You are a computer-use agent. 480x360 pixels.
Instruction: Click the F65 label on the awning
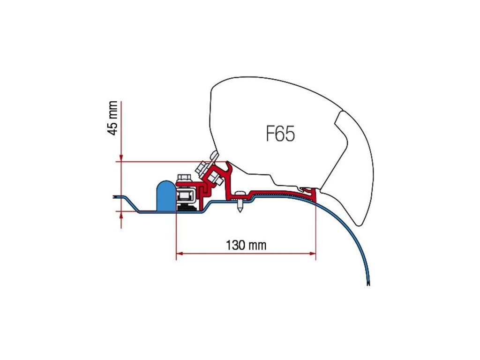click(280, 134)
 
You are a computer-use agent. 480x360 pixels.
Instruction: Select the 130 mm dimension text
click(246, 245)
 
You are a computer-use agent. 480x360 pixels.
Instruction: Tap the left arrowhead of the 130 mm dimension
click(179, 254)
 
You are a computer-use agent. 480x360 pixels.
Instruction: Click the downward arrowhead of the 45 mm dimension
click(121, 158)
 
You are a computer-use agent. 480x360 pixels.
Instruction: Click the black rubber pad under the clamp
click(187, 207)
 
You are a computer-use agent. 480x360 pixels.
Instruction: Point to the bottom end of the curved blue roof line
click(369, 284)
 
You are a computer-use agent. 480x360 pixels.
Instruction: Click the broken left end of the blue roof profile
click(114, 197)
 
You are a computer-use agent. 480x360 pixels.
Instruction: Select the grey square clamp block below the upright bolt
click(187, 195)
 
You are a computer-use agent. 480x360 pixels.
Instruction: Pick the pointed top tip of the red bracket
click(229, 164)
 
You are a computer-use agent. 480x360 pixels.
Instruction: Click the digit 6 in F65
click(281, 134)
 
